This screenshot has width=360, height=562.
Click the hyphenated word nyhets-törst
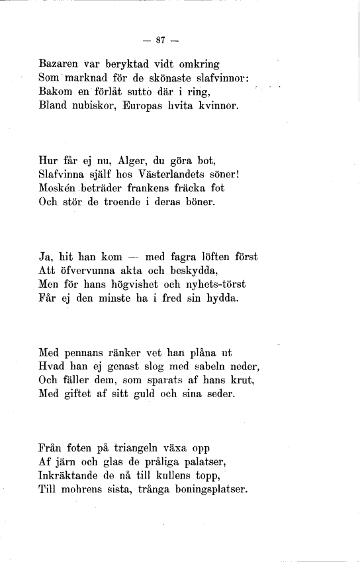click(x=212, y=283)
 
